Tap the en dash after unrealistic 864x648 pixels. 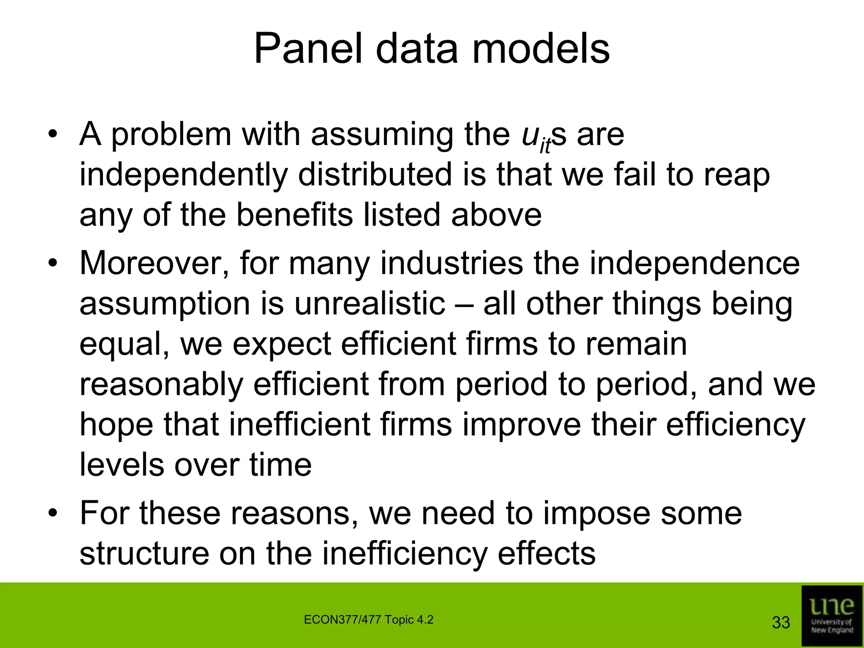(464, 305)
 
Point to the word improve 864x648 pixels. (521, 425)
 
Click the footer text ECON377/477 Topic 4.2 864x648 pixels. (368, 620)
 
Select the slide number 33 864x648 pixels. (780, 623)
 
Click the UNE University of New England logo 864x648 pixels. (832, 616)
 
